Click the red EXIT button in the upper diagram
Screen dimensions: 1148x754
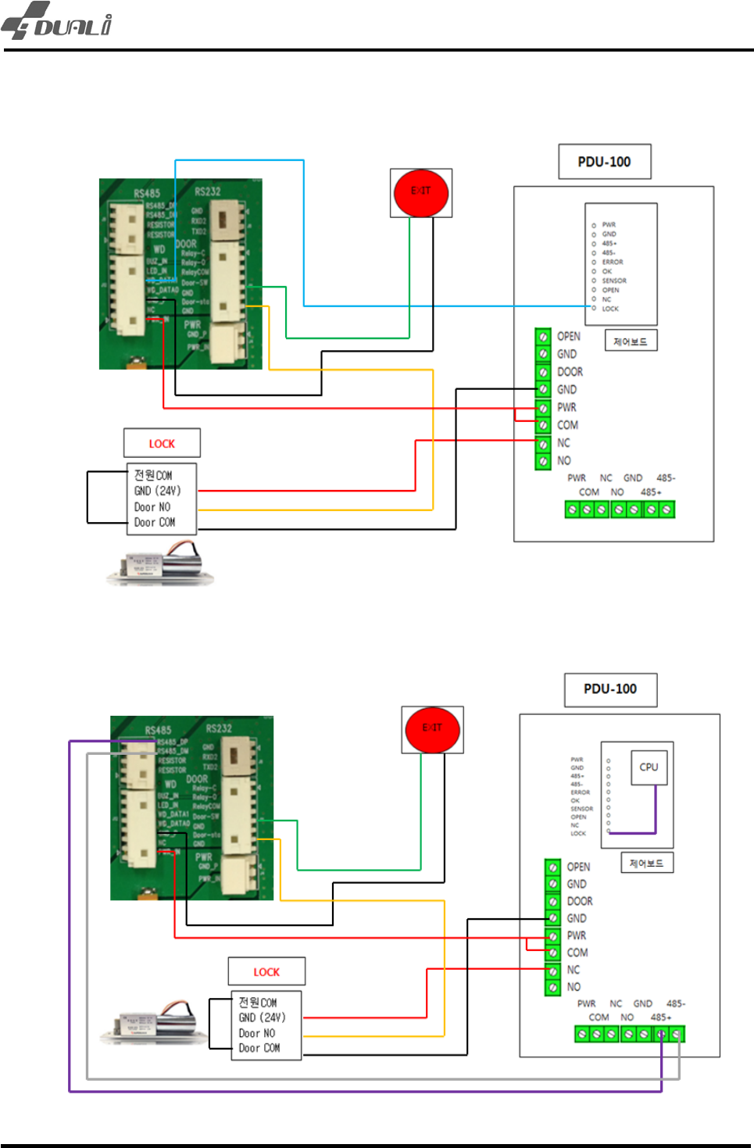tap(421, 192)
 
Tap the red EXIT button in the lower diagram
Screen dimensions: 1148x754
tap(432, 729)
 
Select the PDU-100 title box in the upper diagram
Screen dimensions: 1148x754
tap(604, 162)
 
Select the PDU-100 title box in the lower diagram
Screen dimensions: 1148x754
tap(610, 689)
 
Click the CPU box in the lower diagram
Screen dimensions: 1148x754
tap(649, 767)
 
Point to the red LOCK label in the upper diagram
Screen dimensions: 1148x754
tap(162, 444)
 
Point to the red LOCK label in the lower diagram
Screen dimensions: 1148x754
tap(266, 972)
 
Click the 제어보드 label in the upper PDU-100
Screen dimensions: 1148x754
tap(631, 342)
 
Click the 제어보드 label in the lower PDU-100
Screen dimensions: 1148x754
tap(646, 863)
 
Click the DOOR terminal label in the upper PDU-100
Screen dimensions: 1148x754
tap(570, 372)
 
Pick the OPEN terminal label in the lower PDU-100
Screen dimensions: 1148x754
tap(578, 867)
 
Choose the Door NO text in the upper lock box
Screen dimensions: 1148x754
tap(152, 506)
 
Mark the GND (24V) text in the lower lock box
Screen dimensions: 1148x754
tap(262, 1017)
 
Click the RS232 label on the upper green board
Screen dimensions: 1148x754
tap(208, 191)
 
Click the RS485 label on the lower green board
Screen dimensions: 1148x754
tap(158, 730)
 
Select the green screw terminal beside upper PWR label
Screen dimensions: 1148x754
tap(543, 408)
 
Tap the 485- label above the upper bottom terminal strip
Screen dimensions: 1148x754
tap(666, 477)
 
